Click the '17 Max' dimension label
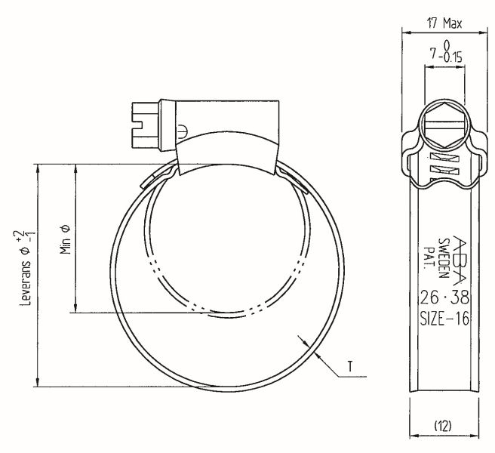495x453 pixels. pyautogui.click(x=444, y=23)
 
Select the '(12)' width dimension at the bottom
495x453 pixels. pyautogui.click(x=443, y=427)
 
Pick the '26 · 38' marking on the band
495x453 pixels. pyautogui.click(x=443, y=296)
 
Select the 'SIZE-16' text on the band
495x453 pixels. pyautogui.click(x=444, y=318)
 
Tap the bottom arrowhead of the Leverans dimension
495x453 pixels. pyautogui.click(x=36, y=383)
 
